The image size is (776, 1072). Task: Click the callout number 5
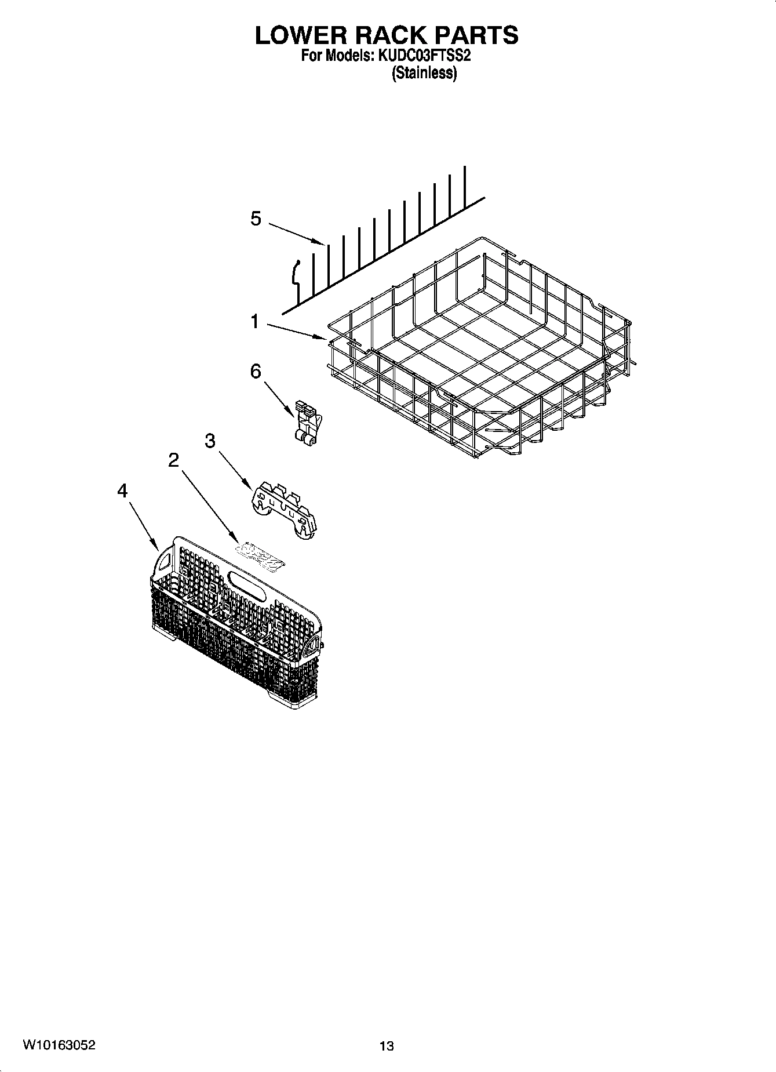pyautogui.click(x=256, y=219)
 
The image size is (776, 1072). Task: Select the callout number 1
pyautogui.click(x=254, y=321)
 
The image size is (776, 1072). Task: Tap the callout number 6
pyautogui.click(x=256, y=371)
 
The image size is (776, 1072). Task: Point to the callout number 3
pyautogui.click(x=210, y=441)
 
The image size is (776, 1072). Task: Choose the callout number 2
pyautogui.click(x=173, y=460)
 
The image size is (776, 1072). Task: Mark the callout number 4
pyautogui.click(x=122, y=491)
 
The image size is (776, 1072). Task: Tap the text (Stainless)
pyautogui.click(x=424, y=74)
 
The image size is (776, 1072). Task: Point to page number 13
pyautogui.click(x=387, y=1046)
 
